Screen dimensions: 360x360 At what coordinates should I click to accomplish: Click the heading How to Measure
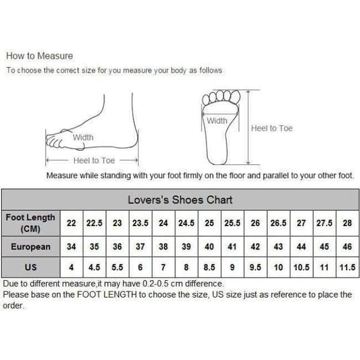(x=39, y=56)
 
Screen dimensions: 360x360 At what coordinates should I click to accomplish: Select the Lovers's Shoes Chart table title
(x=180, y=200)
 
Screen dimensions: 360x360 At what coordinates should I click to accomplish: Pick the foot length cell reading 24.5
(x=186, y=223)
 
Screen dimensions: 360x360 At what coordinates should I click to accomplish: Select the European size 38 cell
(x=163, y=247)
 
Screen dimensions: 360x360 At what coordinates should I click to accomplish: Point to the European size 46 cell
(x=347, y=247)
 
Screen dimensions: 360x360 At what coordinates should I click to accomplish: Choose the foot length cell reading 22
(x=71, y=223)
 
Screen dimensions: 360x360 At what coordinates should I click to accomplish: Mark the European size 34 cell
(x=71, y=247)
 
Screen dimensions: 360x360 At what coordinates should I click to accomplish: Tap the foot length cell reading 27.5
(x=324, y=223)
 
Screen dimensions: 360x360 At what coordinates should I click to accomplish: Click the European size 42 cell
(x=255, y=247)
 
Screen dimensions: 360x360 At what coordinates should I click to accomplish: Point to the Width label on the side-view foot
(x=83, y=137)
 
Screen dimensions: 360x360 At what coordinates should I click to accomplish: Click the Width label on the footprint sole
(x=217, y=121)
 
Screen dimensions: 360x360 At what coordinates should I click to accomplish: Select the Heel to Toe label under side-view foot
(x=94, y=160)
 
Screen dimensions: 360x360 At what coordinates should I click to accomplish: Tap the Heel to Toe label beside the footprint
(x=271, y=128)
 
